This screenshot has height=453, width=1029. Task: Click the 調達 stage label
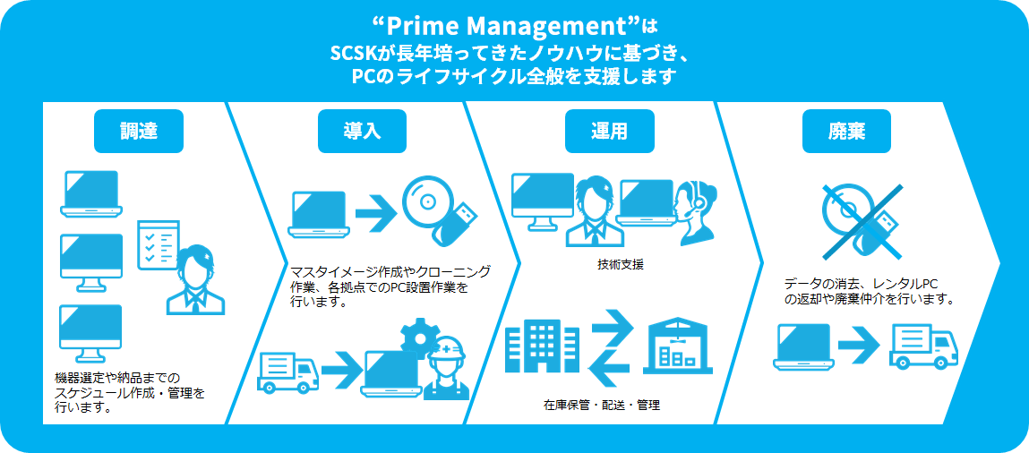[x=139, y=132]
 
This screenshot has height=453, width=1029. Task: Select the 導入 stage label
[x=363, y=132]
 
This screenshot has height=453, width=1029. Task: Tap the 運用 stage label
[x=608, y=132]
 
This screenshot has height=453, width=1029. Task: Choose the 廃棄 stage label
[x=846, y=132]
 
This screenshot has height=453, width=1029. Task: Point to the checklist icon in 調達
[x=158, y=244]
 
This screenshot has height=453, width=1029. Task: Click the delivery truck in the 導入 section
[x=287, y=372]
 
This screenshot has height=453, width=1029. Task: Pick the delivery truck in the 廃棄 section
[x=923, y=346]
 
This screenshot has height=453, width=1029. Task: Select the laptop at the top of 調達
[x=90, y=193]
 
